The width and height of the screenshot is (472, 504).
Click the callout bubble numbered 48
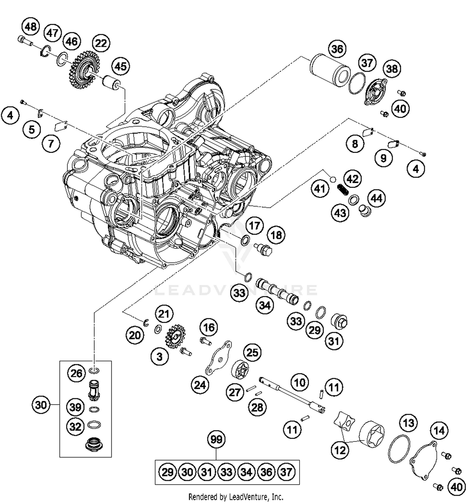click(31, 26)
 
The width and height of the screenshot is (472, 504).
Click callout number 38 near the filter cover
click(392, 68)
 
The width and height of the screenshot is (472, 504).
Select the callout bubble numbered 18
click(276, 235)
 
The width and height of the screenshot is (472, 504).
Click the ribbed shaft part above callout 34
click(277, 291)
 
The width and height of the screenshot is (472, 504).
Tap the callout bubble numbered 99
click(216, 439)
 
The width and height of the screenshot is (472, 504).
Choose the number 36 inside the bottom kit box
click(266, 472)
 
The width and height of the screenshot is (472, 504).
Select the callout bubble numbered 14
click(439, 430)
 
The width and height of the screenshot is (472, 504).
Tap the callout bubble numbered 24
click(200, 385)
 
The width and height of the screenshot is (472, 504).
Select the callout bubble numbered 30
click(41, 405)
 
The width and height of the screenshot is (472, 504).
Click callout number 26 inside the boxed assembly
click(76, 373)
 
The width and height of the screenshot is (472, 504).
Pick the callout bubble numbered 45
click(121, 66)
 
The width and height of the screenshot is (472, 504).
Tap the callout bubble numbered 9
click(383, 158)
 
